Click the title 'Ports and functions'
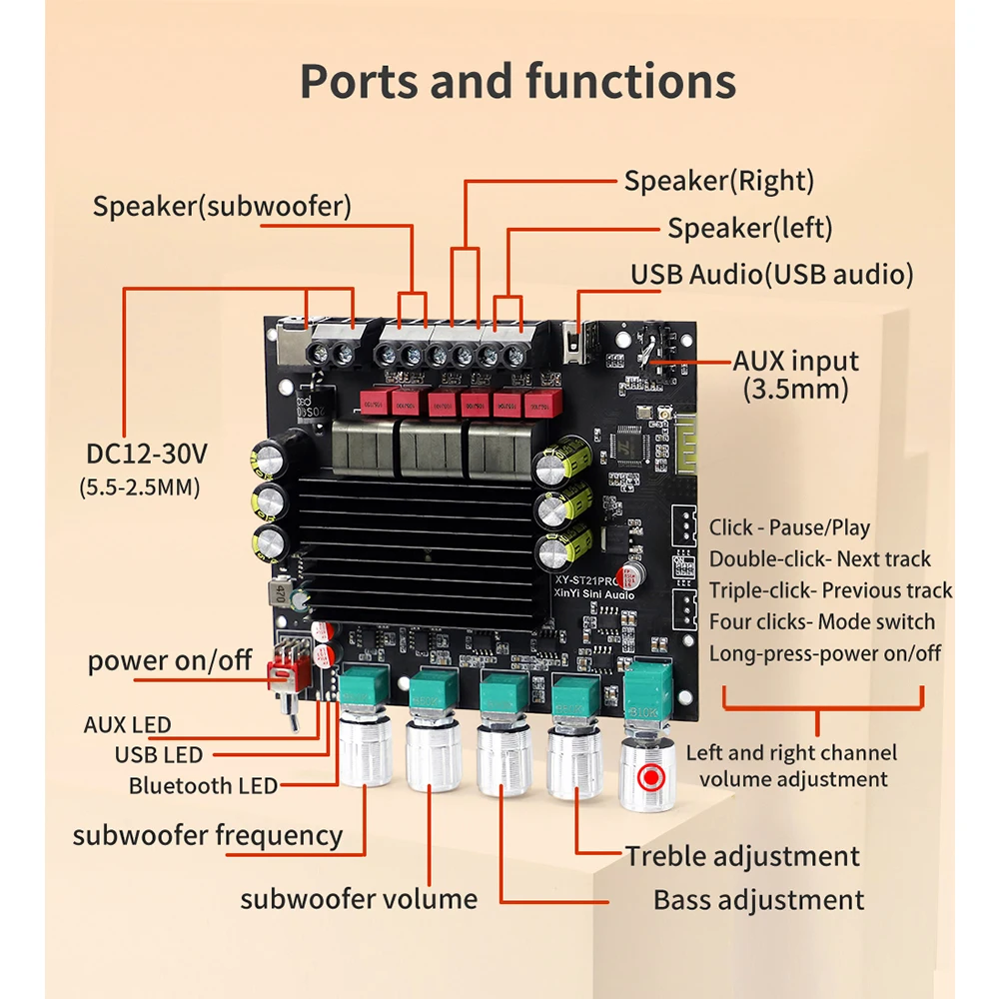click(517, 81)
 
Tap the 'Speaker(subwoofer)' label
click(222, 207)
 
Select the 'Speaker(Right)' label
click(718, 181)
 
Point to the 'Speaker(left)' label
click(749, 228)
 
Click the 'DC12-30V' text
click(146, 455)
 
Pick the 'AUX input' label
click(795, 361)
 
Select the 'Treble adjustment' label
click(742, 856)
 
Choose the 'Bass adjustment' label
click(758, 899)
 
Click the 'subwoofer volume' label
click(358, 898)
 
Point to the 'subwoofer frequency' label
click(207, 834)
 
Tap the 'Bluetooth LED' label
click(203, 786)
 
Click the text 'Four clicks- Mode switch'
click(821, 622)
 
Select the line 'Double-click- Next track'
click(819, 559)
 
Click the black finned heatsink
click(420, 544)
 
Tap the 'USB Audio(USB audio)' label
click(771, 275)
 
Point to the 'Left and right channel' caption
click(791, 753)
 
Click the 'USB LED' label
click(158, 755)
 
